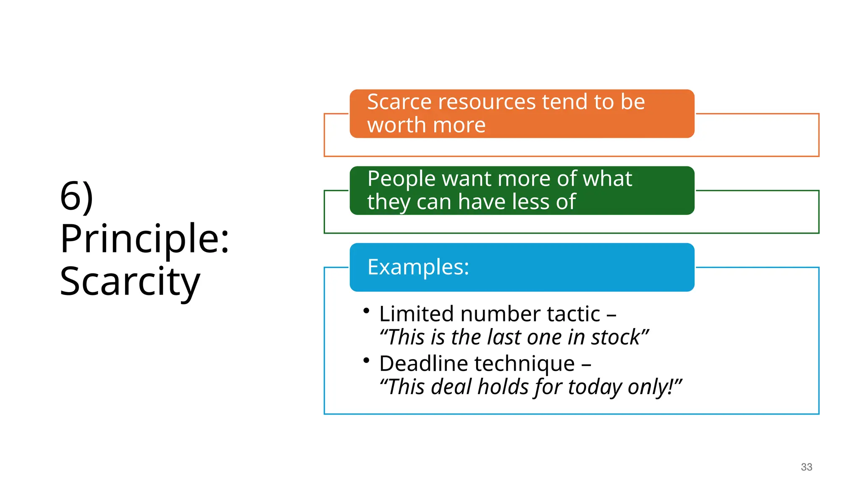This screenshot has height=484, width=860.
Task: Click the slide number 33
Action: (806, 467)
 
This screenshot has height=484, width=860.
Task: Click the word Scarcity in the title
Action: (130, 282)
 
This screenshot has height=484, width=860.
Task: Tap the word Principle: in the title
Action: (144, 239)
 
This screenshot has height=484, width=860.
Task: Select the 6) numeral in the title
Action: (76, 196)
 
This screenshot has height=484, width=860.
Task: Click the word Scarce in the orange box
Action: (399, 102)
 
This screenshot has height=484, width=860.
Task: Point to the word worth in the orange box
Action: (396, 125)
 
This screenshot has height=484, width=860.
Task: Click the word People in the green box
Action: (401, 179)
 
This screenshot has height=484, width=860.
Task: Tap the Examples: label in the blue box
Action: (418, 267)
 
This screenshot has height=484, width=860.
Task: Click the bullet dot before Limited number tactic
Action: (367, 311)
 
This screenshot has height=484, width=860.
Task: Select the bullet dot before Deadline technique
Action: (367, 360)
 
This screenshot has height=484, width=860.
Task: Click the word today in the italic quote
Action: (595, 387)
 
